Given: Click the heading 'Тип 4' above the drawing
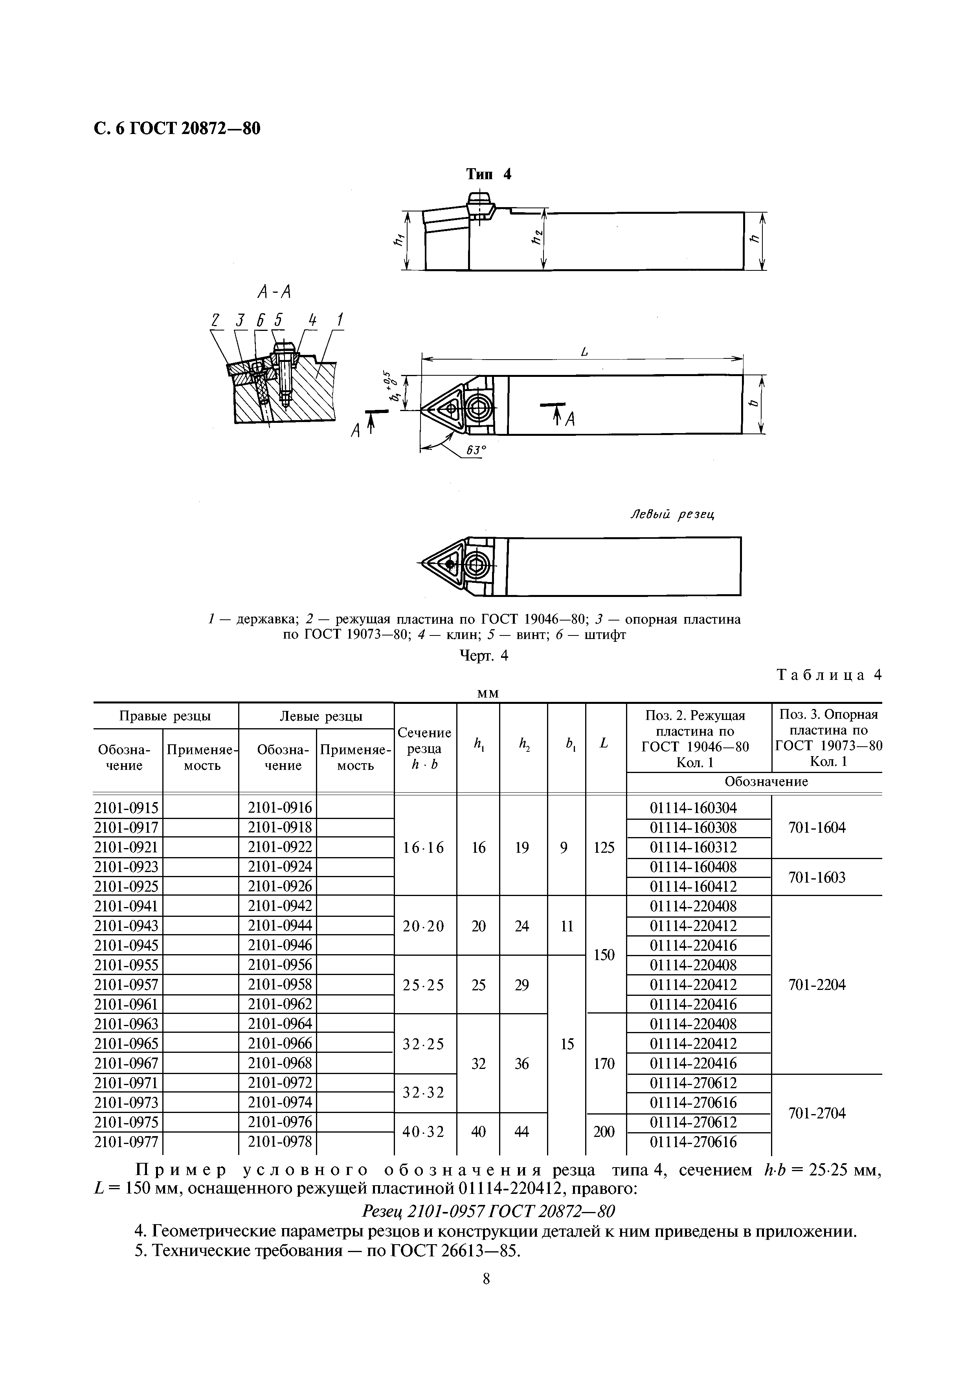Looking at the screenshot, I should [x=488, y=174].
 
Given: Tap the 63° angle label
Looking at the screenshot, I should [x=475, y=449].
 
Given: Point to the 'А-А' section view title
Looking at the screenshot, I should [x=274, y=292].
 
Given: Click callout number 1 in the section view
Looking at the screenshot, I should [x=340, y=321].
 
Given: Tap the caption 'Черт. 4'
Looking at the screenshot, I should [x=484, y=656].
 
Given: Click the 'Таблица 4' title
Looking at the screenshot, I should [x=829, y=674].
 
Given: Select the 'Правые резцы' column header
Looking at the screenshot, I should [x=165, y=716].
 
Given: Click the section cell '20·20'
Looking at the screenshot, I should [x=424, y=926].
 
